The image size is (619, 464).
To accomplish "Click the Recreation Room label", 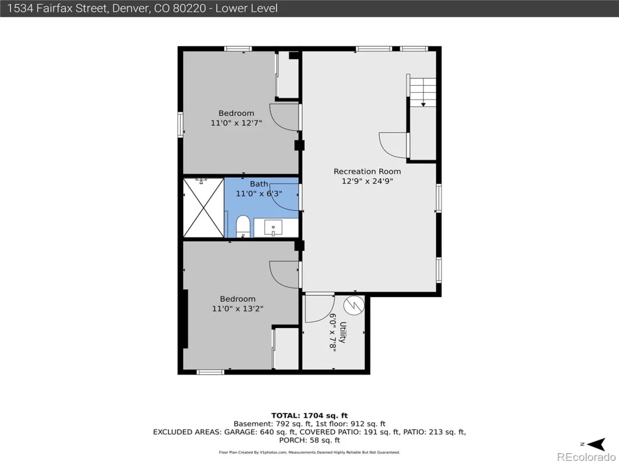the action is pyautogui.click(x=367, y=171).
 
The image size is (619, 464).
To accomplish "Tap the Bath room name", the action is pyautogui.click(x=259, y=184).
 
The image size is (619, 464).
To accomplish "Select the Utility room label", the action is pyautogui.click(x=343, y=332).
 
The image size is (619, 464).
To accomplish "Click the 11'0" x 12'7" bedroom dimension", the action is pyautogui.click(x=236, y=123).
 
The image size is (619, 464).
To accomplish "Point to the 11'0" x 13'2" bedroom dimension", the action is pyautogui.click(x=237, y=308).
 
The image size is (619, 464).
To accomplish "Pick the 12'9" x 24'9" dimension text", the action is pyautogui.click(x=367, y=181).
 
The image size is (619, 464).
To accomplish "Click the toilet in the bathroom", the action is pyautogui.click(x=243, y=226).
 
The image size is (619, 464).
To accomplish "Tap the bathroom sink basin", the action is pyautogui.click(x=273, y=227).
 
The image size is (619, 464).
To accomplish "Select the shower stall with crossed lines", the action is pyautogui.click(x=204, y=208).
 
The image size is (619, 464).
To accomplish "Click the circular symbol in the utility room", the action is pyautogui.click(x=354, y=305).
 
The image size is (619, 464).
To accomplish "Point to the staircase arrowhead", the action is pyautogui.click(x=423, y=105).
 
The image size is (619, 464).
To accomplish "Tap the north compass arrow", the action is pyautogui.click(x=597, y=444).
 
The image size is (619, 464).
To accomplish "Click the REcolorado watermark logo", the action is pyautogui.click(x=586, y=457).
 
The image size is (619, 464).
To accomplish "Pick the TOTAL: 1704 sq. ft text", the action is pyautogui.click(x=309, y=416).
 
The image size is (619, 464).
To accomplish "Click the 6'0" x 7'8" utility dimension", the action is pyautogui.click(x=333, y=333).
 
